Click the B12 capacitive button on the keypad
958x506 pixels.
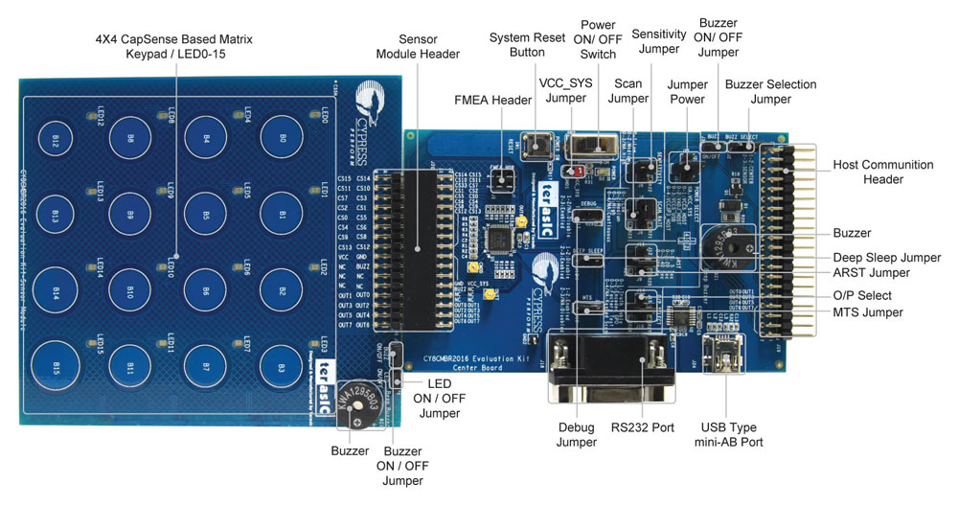[56, 140]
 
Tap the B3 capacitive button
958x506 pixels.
[282, 366]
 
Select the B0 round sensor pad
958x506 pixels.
[282, 137]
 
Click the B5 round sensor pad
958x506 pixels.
[206, 214]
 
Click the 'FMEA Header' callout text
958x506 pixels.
[492, 99]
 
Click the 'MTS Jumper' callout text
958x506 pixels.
[868, 312]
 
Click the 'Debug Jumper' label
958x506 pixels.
[577, 435]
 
